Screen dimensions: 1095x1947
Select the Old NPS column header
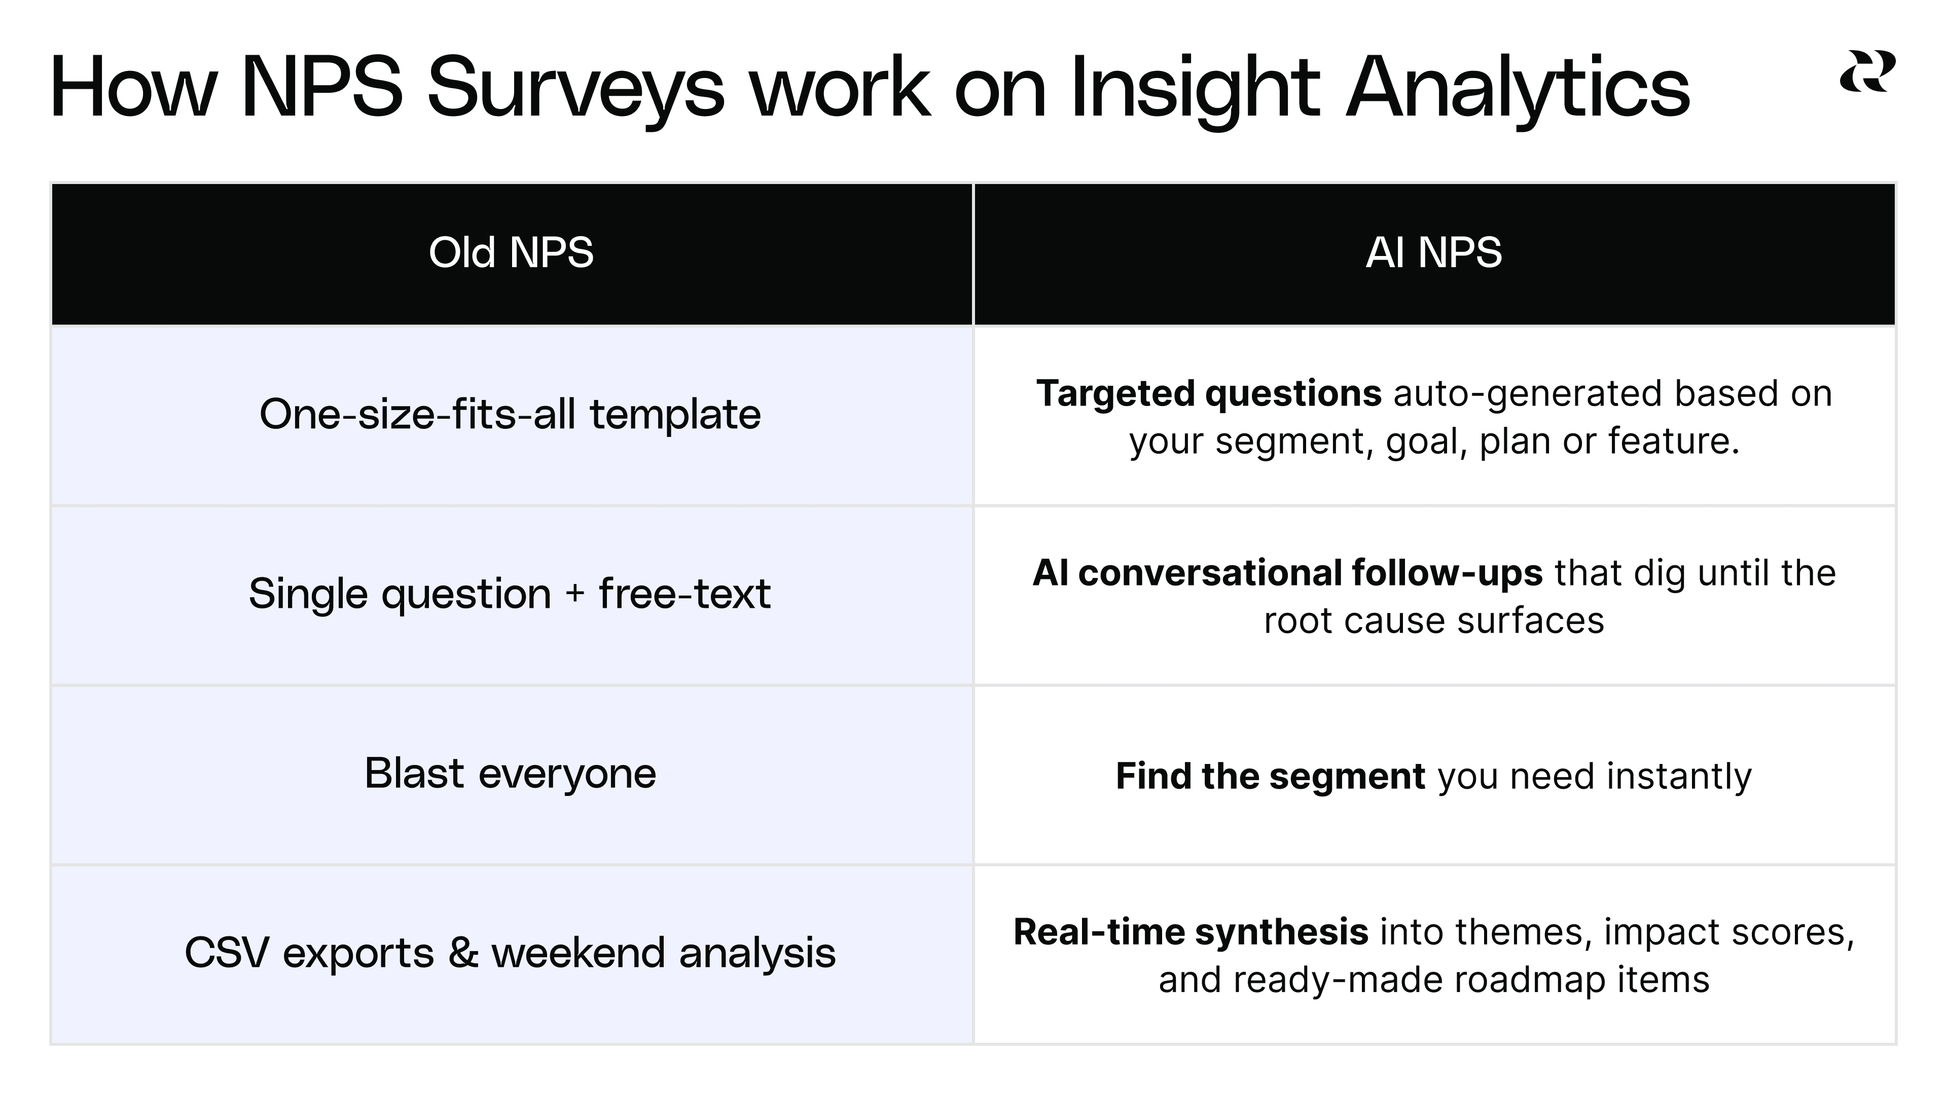511,252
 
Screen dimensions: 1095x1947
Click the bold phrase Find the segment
1270,776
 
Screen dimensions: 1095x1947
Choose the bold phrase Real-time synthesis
1191,932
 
